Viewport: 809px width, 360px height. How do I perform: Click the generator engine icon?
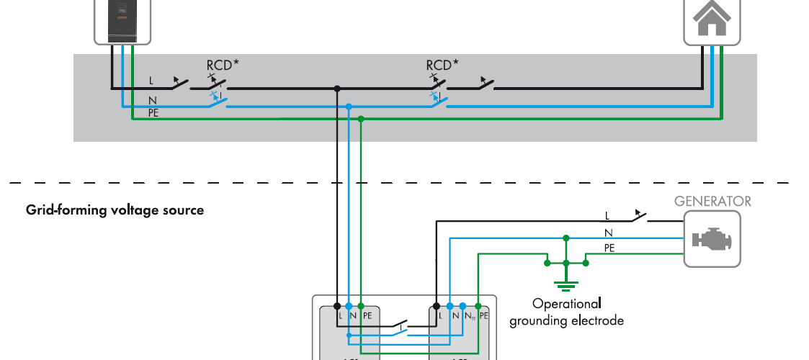tap(712, 239)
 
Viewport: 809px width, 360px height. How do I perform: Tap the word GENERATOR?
tap(712, 202)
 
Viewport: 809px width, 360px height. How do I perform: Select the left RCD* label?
tap(223, 65)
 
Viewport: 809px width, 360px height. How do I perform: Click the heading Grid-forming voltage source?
tap(115, 210)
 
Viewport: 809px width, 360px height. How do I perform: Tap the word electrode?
tap(597, 320)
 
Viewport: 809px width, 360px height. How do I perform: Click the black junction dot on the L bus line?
tap(336, 89)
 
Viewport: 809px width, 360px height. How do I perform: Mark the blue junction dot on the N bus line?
tap(349, 107)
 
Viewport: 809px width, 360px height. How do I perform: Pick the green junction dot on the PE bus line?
tap(361, 119)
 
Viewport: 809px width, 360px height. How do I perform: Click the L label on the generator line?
tap(607, 215)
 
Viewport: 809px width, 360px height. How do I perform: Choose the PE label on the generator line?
tap(609, 247)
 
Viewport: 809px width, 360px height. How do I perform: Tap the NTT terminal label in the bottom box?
tap(469, 315)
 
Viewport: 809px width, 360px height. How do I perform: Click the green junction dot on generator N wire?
tap(566, 237)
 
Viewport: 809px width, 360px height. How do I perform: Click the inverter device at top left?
tap(122, 20)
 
